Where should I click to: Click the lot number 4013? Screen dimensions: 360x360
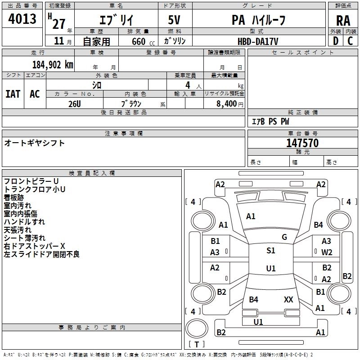pyautogui.click(x=22, y=18)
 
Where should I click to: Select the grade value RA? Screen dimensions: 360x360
pyautogui.click(x=343, y=21)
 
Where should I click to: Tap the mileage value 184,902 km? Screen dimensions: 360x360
pyautogui.click(x=53, y=65)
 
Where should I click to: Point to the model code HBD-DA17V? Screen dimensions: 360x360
pyautogui.click(x=258, y=41)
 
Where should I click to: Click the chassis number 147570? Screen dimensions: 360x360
pyautogui.click(x=302, y=143)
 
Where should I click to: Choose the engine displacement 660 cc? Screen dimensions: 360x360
pyautogui.click(x=143, y=41)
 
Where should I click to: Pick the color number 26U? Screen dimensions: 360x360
pyautogui.click(x=75, y=104)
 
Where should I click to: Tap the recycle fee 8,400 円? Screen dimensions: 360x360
pyautogui.click(x=230, y=104)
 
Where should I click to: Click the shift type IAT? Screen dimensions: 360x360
pyautogui.click(x=13, y=94)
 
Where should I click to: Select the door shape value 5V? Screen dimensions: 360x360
pyautogui.click(x=174, y=20)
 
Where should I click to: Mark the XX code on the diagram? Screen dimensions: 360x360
pyautogui.click(x=288, y=299)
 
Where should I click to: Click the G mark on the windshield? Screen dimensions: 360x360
pyautogui.click(x=284, y=237)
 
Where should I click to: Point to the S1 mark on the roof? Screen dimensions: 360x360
pyautogui.click(x=271, y=250)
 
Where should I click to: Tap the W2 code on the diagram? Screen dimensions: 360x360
pyautogui.click(x=327, y=252)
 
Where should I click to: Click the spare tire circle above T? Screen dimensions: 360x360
pyautogui.click(x=197, y=328)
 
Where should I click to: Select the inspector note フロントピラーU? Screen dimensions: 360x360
pyautogui.click(x=31, y=181)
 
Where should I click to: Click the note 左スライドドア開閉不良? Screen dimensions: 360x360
pyautogui.click(x=41, y=254)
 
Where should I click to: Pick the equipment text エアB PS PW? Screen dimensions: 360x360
pyautogui.click(x=270, y=121)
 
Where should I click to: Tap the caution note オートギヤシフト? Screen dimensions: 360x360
pyautogui.click(x=34, y=143)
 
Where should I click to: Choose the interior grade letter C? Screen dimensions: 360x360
pyautogui.click(x=350, y=41)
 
